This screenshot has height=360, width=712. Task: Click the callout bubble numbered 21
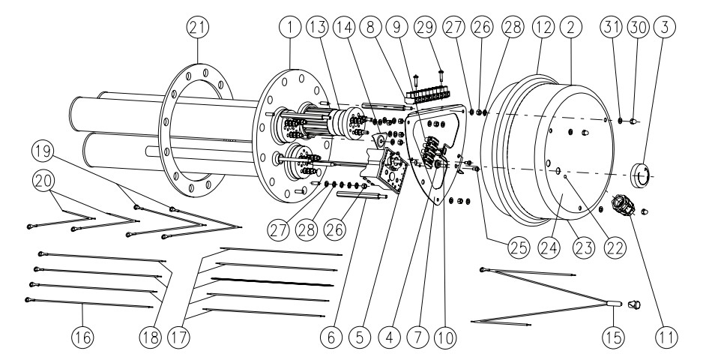coord(199,27)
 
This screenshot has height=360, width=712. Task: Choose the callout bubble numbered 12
coord(545,27)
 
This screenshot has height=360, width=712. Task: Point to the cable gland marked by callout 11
coord(623,205)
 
